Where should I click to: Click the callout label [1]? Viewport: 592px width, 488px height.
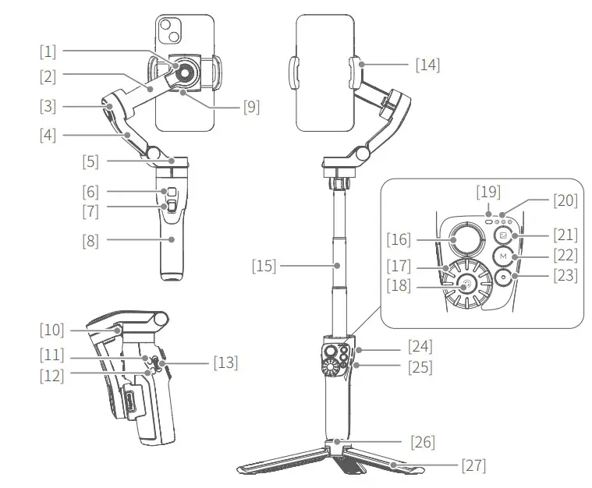pyautogui.click(x=49, y=52)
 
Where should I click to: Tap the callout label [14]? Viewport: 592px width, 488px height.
pyautogui.click(x=427, y=65)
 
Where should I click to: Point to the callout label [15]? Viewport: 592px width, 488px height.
pyautogui.click(x=264, y=266)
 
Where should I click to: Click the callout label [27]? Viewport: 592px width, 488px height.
pyautogui.click(x=473, y=465)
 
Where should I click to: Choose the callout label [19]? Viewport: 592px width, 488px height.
pyautogui.click(x=490, y=192)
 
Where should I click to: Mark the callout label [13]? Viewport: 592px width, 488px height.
pyautogui.click(x=225, y=362)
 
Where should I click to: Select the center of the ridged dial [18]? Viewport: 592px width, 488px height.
pyautogui.click(x=466, y=285)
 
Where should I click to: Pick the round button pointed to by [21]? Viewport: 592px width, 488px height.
pyautogui.click(x=504, y=235)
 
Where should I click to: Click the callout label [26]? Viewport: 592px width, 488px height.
pyautogui.click(x=422, y=442)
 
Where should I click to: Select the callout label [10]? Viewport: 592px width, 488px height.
pyautogui.click(x=53, y=329)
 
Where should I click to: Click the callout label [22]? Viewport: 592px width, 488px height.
pyautogui.click(x=566, y=255)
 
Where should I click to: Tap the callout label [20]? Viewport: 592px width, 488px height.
pyautogui.click(x=566, y=200)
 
